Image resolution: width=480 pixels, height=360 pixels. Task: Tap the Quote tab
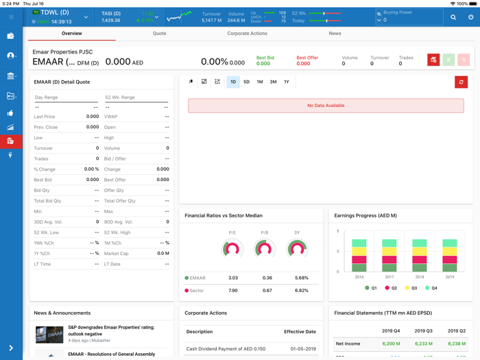(159, 33)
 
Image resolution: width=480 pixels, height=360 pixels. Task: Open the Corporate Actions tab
(247, 33)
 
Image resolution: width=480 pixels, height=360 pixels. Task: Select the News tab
(335, 33)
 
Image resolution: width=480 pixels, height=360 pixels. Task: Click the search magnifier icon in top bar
(453, 17)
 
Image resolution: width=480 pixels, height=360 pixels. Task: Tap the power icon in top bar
(470, 17)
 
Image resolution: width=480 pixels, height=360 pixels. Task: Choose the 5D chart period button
(246, 82)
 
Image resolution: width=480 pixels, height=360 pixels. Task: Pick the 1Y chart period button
(287, 82)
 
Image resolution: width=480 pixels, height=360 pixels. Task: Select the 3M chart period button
(273, 82)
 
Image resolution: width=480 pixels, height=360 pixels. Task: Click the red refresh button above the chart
(461, 82)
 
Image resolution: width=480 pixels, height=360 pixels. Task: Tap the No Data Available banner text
(326, 106)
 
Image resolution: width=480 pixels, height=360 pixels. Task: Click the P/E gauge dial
(232, 249)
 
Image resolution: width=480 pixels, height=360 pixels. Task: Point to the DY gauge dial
(297, 249)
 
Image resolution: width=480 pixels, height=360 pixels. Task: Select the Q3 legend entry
(411, 288)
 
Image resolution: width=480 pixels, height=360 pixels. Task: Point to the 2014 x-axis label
(359, 277)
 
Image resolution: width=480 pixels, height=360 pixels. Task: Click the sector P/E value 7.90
(233, 291)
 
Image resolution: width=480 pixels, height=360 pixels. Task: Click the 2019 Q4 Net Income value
(391, 344)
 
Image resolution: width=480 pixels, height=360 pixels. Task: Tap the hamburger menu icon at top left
(11, 17)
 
